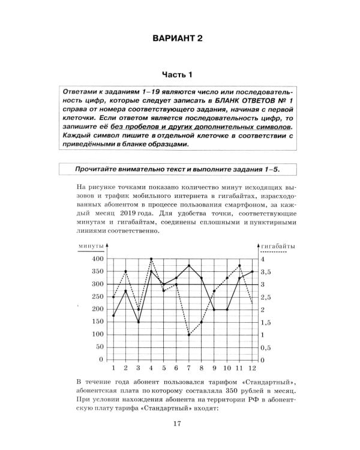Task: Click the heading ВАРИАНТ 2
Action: point(179,39)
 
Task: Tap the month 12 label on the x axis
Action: point(251,367)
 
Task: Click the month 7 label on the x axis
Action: point(189,367)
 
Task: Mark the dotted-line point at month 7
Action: point(189,335)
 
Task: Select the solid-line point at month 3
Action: point(139,322)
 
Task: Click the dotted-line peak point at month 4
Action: point(151,259)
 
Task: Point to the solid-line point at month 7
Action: point(189,265)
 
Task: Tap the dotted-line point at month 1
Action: point(113,296)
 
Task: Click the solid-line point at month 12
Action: point(251,272)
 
